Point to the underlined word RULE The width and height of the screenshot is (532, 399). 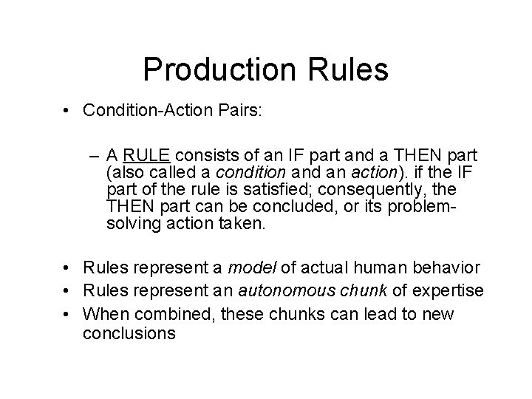pos(148,157)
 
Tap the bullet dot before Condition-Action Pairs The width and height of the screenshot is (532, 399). pos(66,111)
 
